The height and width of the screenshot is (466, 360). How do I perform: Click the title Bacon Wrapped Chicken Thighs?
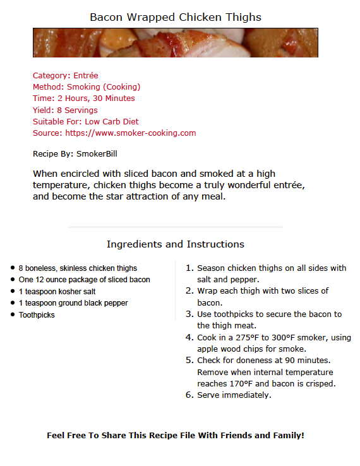[x=175, y=17]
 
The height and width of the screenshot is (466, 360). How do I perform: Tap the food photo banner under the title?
[x=175, y=42]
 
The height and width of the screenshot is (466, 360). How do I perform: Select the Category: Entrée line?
[x=66, y=76]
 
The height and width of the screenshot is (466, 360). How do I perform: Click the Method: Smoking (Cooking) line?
[x=87, y=87]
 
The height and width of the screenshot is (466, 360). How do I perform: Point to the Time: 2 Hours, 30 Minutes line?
[x=83, y=99]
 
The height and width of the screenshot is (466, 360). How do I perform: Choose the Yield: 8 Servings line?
[x=65, y=110]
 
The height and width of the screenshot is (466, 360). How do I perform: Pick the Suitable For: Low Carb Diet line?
[x=85, y=121]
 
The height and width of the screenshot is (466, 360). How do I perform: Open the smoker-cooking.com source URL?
[x=131, y=133]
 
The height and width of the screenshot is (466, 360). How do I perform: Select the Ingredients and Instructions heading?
[x=175, y=244]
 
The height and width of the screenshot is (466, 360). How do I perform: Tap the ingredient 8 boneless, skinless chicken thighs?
[x=78, y=268]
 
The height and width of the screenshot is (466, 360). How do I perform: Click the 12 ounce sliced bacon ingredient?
[x=84, y=280]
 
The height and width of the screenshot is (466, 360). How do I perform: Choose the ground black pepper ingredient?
[x=73, y=303]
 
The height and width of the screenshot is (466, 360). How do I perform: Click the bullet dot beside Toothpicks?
[x=12, y=314]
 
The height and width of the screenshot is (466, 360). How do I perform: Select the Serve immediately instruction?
[x=234, y=395]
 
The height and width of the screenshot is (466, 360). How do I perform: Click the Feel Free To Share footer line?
[x=175, y=436]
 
